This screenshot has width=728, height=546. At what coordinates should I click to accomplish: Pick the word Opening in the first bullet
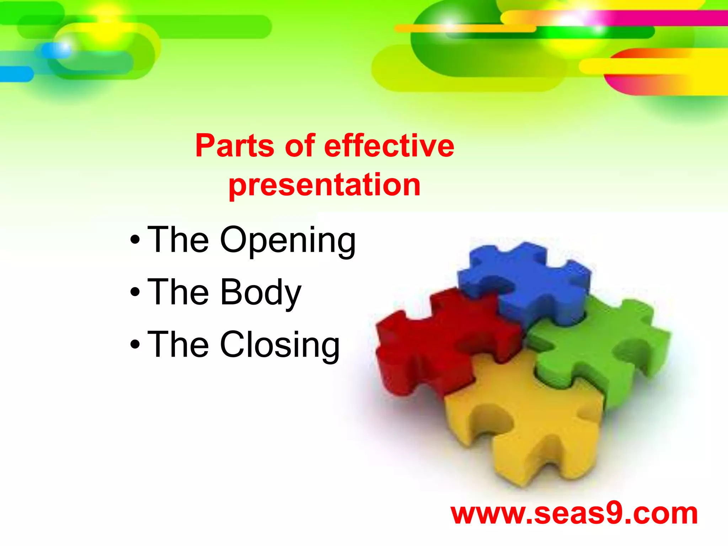point(288,241)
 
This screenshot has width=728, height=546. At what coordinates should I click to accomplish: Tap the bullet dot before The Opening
point(135,240)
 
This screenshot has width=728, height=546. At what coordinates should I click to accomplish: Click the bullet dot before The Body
point(135,292)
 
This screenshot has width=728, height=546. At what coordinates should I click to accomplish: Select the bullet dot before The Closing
point(135,344)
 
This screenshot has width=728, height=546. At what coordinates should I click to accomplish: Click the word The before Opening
point(178,240)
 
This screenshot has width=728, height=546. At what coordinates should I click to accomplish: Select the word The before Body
point(178,292)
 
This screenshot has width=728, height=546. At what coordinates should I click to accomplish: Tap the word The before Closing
point(178,344)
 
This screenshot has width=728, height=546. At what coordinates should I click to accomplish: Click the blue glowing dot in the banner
point(57,50)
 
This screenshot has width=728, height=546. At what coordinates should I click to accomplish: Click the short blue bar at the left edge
point(16,74)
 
